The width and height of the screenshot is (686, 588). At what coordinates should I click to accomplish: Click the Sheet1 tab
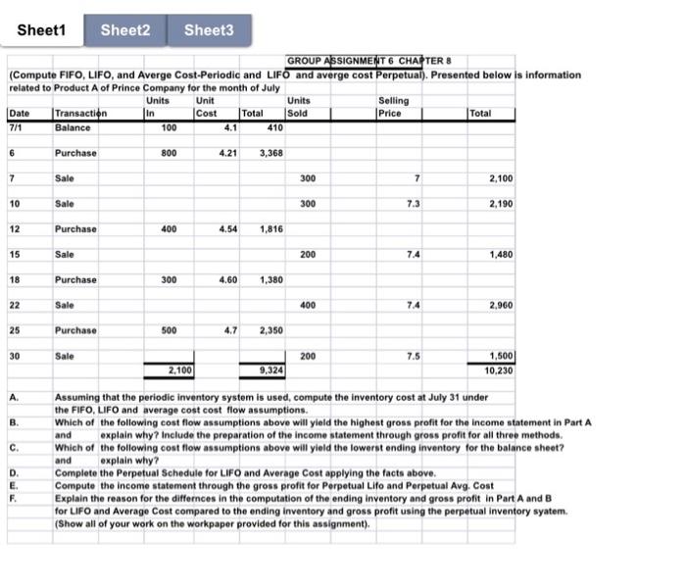coord(40,29)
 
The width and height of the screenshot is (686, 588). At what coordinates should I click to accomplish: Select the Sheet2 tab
coord(125,29)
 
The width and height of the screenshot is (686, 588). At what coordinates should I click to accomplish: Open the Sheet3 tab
coord(208,29)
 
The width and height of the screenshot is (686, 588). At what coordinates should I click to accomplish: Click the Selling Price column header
coord(393,106)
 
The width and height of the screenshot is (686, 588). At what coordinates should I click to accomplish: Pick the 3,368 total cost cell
coord(270,153)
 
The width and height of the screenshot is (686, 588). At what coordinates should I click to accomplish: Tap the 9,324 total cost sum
coord(270,370)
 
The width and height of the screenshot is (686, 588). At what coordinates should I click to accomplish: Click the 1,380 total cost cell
coord(270,279)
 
